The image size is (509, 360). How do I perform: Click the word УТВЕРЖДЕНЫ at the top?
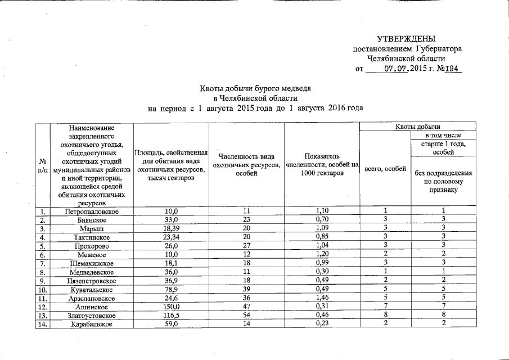click(406, 39)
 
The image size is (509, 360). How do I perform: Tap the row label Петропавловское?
click(91, 211)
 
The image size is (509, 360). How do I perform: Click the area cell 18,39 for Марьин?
click(171, 228)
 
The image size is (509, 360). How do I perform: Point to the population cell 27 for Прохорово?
click(246, 246)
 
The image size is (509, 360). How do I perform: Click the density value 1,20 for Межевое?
click(322, 254)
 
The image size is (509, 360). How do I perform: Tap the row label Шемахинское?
click(91, 263)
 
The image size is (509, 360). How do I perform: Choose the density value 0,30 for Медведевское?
click(322, 272)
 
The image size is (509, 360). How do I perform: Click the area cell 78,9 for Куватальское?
click(171, 289)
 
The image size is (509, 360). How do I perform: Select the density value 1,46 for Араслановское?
click(322, 298)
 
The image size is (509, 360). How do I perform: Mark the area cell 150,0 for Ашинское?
click(171, 307)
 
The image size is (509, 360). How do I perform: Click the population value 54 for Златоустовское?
click(246, 316)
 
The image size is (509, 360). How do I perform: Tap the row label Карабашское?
click(91, 324)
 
